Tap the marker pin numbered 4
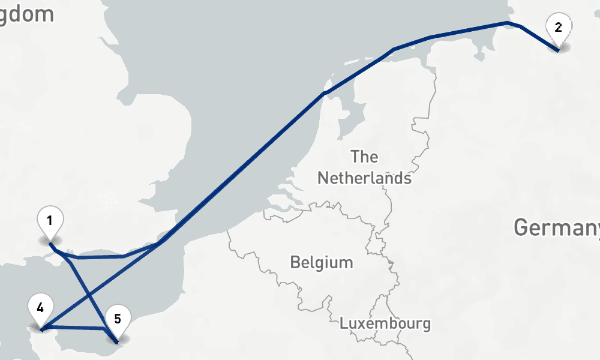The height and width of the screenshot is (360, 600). [x=40, y=309]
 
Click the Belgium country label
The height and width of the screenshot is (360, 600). [x=321, y=262]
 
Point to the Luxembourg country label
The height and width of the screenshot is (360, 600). [x=385, y=323]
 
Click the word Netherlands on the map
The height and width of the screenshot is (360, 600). [x=364, y=178]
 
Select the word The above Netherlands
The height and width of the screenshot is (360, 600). [x=364, y=157]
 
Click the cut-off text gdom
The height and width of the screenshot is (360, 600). [x=27, y=14]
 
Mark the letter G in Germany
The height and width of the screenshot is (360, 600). [x=521, y=228]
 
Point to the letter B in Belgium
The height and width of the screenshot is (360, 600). [x=295, y=262]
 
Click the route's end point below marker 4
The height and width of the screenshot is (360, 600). [x=41, y=329]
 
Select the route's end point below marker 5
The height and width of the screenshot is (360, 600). [x=117, y=343]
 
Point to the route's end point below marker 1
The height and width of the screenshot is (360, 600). [x=50, y=244]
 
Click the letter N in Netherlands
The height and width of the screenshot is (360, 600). [x=322, y=178]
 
